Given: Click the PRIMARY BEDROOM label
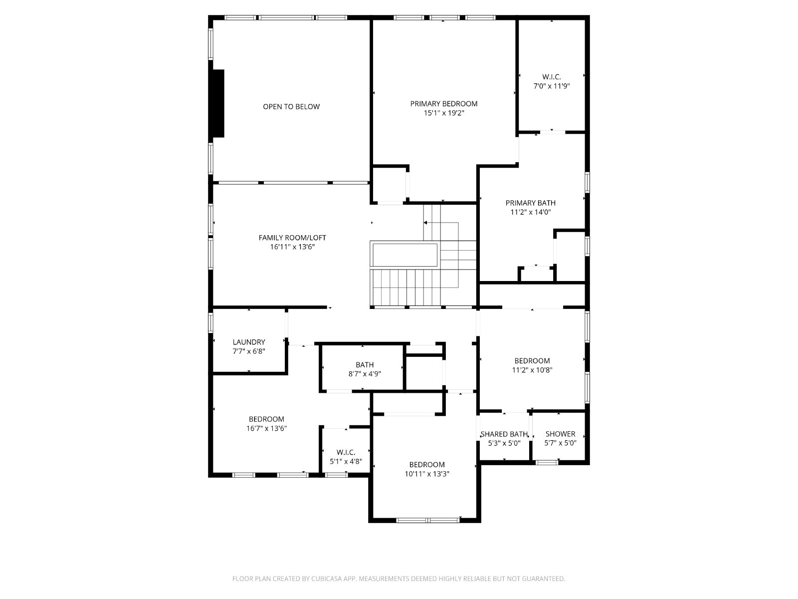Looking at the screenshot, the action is [x=443, y=104].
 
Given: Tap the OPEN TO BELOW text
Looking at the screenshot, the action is [x=291, y=106].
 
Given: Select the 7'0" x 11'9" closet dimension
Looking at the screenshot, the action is [x=551, y=86].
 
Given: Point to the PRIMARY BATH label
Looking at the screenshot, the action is [x=531, y=203].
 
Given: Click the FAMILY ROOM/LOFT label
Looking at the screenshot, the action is [x=292, y=238].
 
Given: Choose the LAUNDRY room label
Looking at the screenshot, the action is [x=249, y=342].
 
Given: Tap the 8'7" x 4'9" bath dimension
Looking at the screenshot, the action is [x=364, y=374].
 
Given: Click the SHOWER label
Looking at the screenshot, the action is [x=560, y=434].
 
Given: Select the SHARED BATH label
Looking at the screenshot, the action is [x=504, y=434].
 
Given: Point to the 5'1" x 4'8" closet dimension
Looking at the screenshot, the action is [x=346, y=462].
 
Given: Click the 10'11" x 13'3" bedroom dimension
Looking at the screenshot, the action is [x=427, y=474].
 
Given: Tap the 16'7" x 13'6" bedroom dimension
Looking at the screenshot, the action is [x=266, y=428].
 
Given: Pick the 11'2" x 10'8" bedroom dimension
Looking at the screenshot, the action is [x=532, y=370].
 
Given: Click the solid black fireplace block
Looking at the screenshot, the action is [x=218, y=103].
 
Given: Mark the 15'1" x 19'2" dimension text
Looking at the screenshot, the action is [x=443, y=113].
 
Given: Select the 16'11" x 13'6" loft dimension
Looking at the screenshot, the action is [x=292, y=247].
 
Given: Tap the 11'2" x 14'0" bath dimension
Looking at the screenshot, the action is [x=531, y=213].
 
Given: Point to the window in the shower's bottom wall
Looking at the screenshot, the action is [x=547, y=463].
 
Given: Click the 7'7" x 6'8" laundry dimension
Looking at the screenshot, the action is [x=249, y=351].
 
